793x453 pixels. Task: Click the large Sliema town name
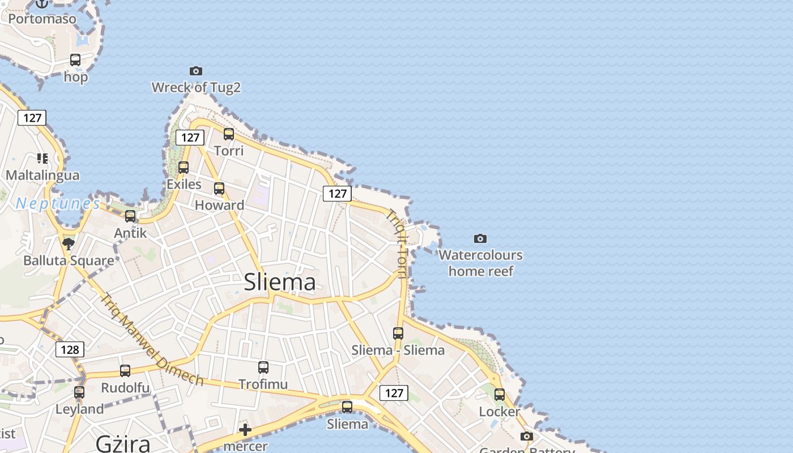pos(279,282)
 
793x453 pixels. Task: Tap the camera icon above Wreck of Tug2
pos(196,71)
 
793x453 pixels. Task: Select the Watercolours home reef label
pos(480,263)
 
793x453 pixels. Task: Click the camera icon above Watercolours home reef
pos(480,238)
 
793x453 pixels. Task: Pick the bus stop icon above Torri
pos(229,134)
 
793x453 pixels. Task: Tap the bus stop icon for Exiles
pos(184,168)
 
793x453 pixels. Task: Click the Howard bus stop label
pos(220,205)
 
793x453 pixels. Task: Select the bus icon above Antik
pos(130,216)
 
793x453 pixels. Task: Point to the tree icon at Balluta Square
pos(69,244)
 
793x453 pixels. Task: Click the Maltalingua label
pos(42,175)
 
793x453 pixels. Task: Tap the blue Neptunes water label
pos(58,203)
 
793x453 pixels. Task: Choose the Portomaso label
pos(42,19)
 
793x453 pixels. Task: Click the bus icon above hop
pos(75,60)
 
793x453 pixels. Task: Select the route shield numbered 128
pos(70,349)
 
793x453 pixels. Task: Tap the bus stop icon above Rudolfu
pos(125,371)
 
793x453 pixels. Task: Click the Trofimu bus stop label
pos(263,384)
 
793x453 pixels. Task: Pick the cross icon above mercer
pos(245,430)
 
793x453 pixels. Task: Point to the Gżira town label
pos(123,443)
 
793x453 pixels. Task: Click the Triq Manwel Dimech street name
pos(153,339)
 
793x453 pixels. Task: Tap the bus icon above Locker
pos(500,395)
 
